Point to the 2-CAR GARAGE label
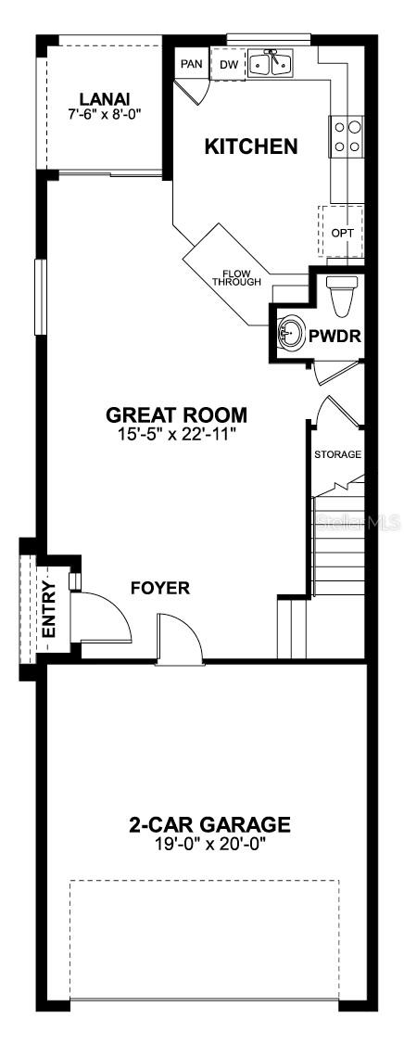(x=209, y=825)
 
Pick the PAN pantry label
(x=192, y=65)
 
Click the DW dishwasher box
(x=228, y=64)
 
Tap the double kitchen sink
(x=271, y=63)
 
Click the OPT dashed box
(x=341, y=232)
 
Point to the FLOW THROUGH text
(x=236, y=277)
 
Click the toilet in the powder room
(x=344, y=297)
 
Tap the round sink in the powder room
(x=291, y=331)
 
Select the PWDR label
(x=335, y=337)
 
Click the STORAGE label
(x=338, y=454)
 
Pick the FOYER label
(x=160, y=588)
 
